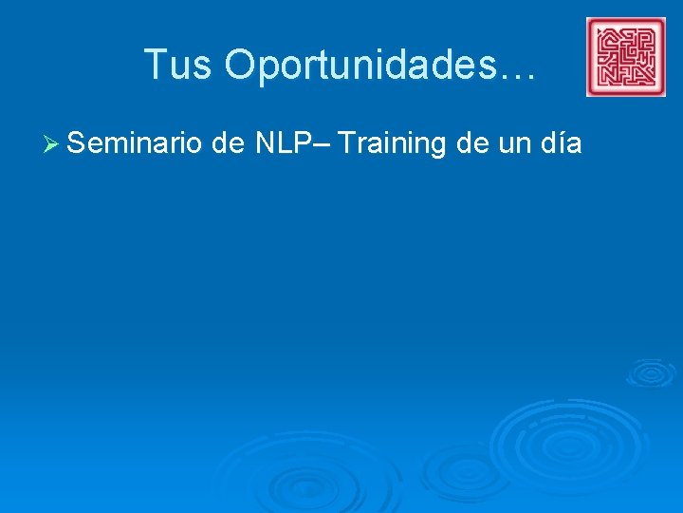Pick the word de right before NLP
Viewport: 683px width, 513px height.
pyautogui.click(x=230, y=144)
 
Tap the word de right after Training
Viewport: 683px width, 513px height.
pyautogui.click(x=472, y=144)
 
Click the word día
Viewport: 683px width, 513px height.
pyautogui.click(x=561, y=144)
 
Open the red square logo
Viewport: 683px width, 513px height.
pyautogui.click(x=626, y=57)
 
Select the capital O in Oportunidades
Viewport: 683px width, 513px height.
pyautogui.click(x=241, y=65)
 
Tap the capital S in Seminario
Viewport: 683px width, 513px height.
pyautogui.click(x=78, y=144)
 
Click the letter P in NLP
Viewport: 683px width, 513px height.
pyautogui.click(x=301, y=144)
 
